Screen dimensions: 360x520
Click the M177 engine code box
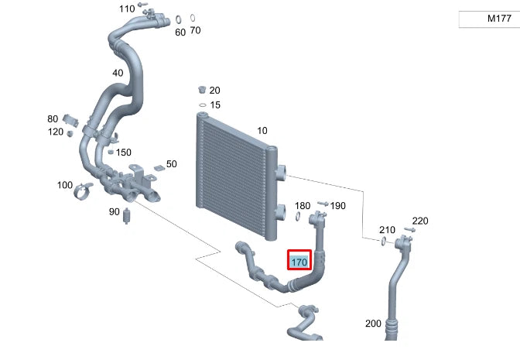pyautogui.click(x=487, y=19)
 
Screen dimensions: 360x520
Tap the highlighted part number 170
pyautogui.click(x=299, y=262)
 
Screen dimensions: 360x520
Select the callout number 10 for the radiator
pyautogui.click(x=262, y=130)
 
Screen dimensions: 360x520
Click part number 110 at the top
pyautogui.click(x=126, y=9)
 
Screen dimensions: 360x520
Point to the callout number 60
pyautogui.click(x=180, y=32)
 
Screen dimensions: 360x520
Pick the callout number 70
pyautogui.click(x=195, y=31)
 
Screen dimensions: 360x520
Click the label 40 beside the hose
pyautogui.click(x=118, y=73)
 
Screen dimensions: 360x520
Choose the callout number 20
pyautogui.click(x=214, y=90)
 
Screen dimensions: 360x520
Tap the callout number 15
pyautogui.click(x=215, y=105)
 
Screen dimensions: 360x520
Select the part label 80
pyautogui.click(x=53, y=119)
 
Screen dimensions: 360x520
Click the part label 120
pyautogui.click(x=55, y=132)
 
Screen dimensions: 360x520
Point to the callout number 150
pyautogui.click(x=124, y=152)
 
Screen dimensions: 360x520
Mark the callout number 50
pyautogui.click(x=171, y=164)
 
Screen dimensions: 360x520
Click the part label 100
pyautogui.click(x=65, y=185)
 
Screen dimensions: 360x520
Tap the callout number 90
pyautogui.click(x=114, y=211)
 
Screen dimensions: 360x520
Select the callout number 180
pyautogui.click(x=303, y=205)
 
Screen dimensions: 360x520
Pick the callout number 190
pyautogui.click(x=338, y=206)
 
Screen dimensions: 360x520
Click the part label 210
pyautogui.click(x=387, y=230)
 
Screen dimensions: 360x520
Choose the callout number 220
pyautogui.click(x=419, y=221)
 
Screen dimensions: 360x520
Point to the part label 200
pyautogui.click(x=373, y=324)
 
